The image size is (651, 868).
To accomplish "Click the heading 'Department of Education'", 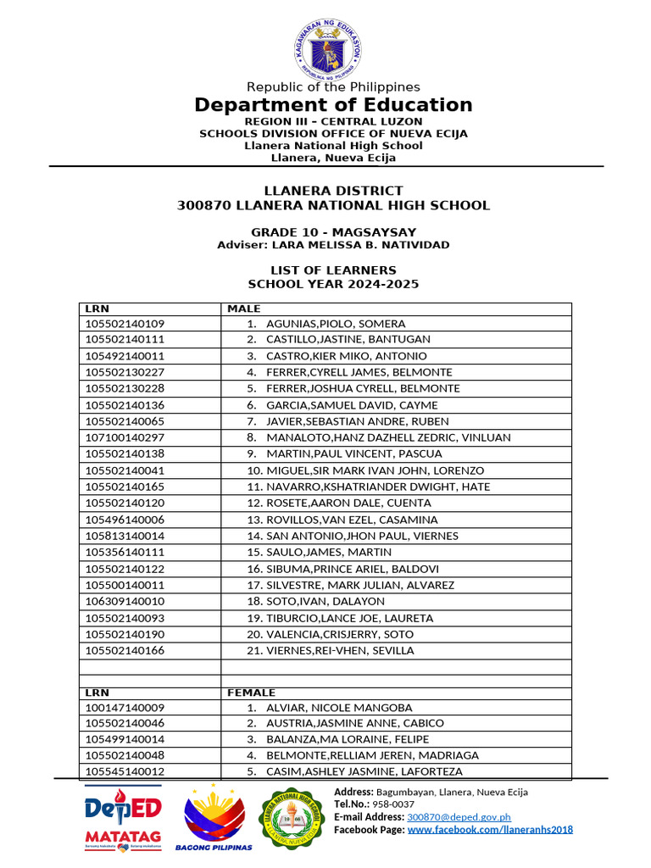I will coord(333,105).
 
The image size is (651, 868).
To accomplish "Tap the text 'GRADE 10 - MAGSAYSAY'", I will coord(333,232).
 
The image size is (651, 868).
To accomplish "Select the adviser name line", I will coord(333,245).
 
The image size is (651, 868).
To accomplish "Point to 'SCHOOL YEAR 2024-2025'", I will coord(333,285).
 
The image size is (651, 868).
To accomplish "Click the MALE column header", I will coord(244,309).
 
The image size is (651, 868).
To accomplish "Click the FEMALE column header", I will coord(251,693).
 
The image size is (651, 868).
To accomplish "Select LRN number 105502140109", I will coord(125,324).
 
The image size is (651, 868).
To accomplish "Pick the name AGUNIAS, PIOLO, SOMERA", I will coord(336,324).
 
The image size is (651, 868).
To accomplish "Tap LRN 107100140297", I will coord(125,437).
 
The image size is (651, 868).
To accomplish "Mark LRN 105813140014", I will coord(125,536).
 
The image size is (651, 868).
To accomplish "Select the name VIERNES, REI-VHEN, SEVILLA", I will coord(340,650).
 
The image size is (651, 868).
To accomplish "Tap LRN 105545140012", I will coord(125,771).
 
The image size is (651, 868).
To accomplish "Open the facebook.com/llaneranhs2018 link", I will coord(490,830).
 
